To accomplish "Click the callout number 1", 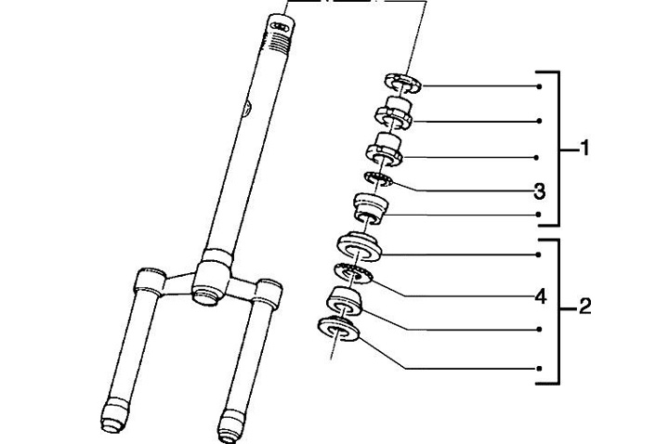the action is [585, 148].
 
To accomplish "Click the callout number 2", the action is [585, 306].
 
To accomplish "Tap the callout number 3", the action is [539, 191].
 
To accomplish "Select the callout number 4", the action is [540, 296].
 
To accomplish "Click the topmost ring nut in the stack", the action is [403, 83].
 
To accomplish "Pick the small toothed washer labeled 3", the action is [378, 179].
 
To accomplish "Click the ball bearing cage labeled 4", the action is [353, 275].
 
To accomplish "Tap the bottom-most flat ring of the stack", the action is [338, 329].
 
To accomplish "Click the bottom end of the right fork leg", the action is [230, 427].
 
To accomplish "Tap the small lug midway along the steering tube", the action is [246, 109].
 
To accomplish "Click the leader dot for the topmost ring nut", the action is [540, 86].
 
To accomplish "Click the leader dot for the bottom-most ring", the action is [540, 368].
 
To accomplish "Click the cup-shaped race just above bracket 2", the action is [371, 208].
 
